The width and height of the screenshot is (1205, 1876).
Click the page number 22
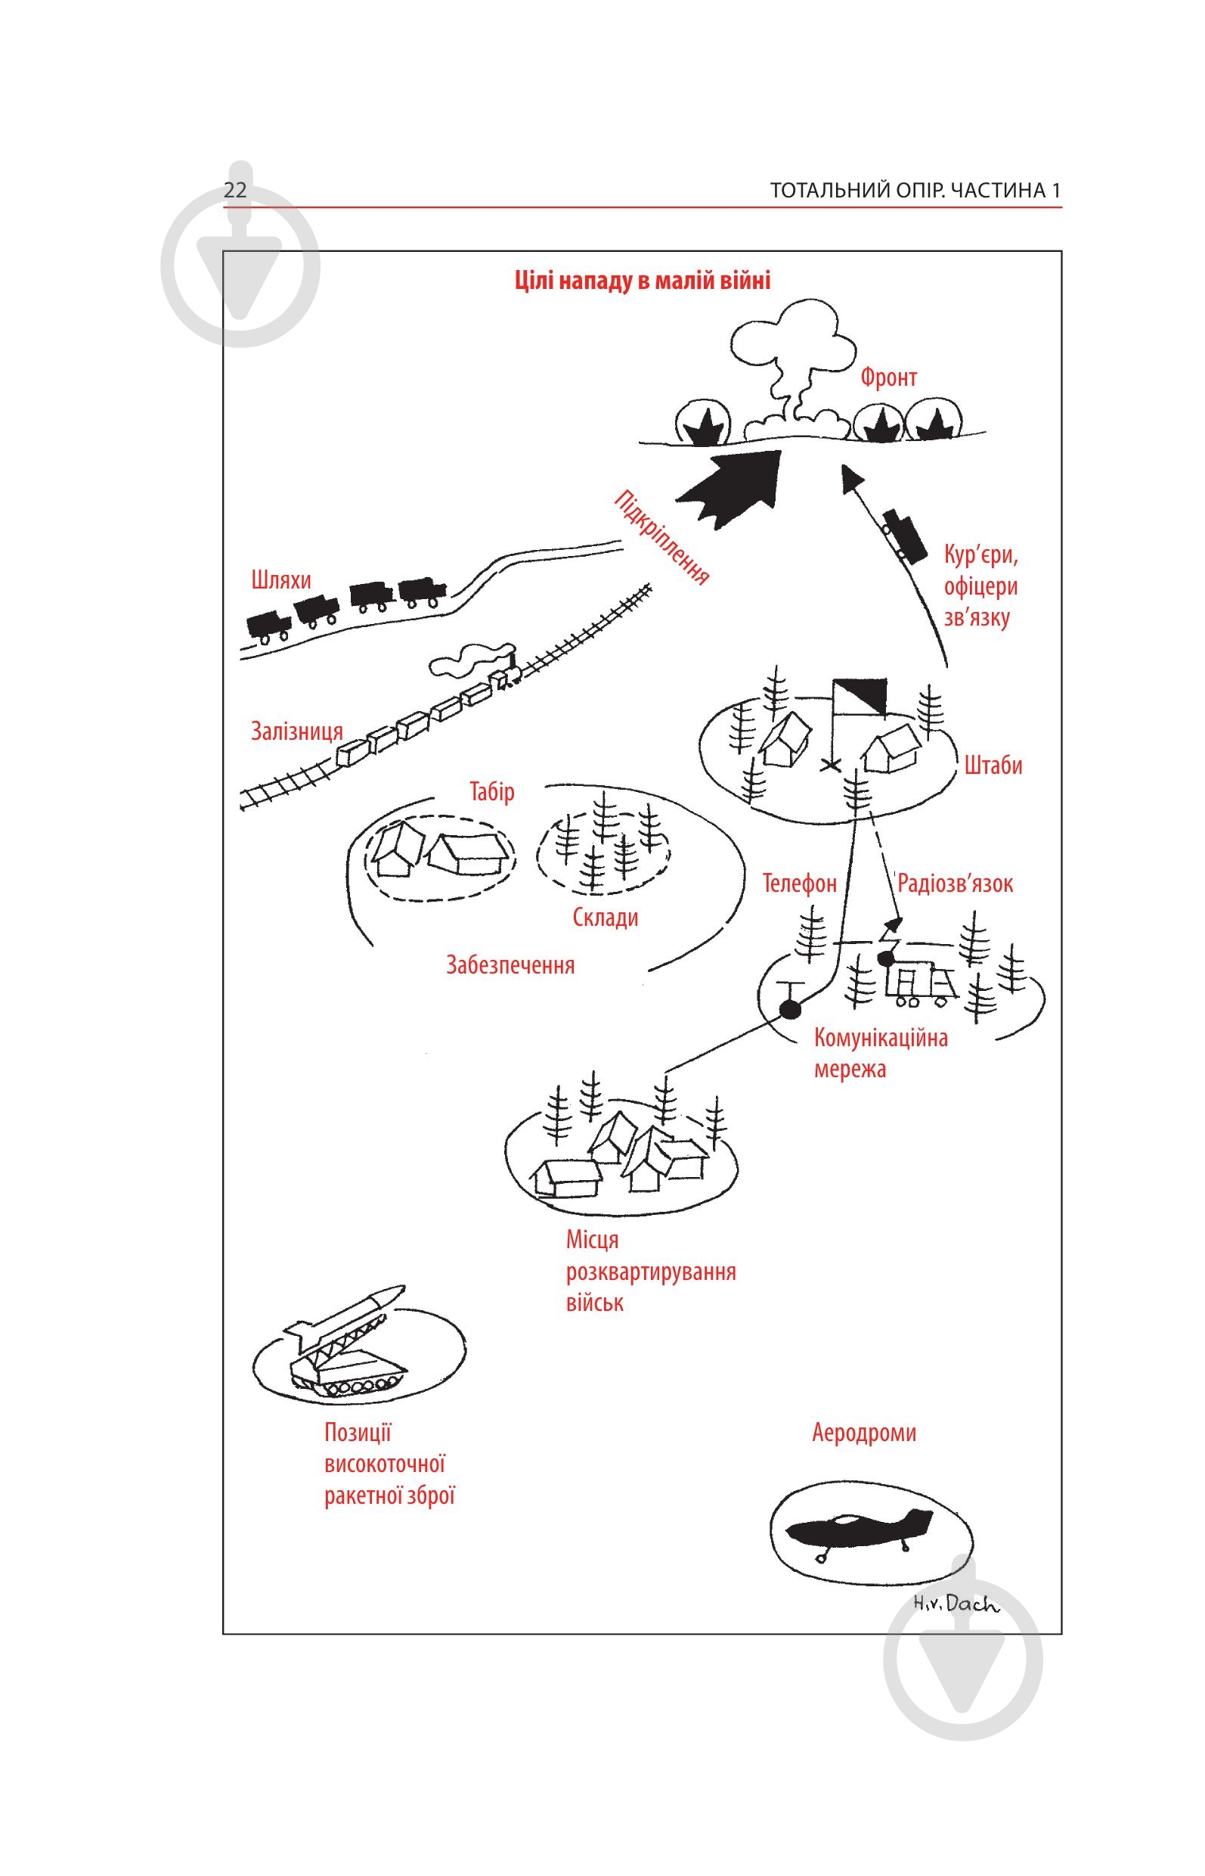(x=235, y=191)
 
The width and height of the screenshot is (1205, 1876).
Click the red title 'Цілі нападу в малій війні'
(x=643, y=281)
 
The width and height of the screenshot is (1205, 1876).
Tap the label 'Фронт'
(x=888, y=377)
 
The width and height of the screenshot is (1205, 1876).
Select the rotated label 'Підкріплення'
(x=662, y=538)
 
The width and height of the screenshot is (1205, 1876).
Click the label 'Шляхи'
(x=281, y=580)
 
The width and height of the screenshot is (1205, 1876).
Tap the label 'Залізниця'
(x=296, y=731)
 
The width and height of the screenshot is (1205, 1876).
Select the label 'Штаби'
(x=993, y=765)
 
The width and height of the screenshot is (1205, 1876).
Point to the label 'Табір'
(x=491, y=791)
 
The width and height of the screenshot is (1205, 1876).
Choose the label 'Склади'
(x=605, y=917)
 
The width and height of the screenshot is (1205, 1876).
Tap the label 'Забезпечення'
(x=510, y=964)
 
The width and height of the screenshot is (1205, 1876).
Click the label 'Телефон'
(x=800, y=884)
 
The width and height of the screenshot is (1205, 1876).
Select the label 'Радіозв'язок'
(x=955, y=884)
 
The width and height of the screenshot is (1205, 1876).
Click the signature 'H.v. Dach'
(x=956, y=1604)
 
